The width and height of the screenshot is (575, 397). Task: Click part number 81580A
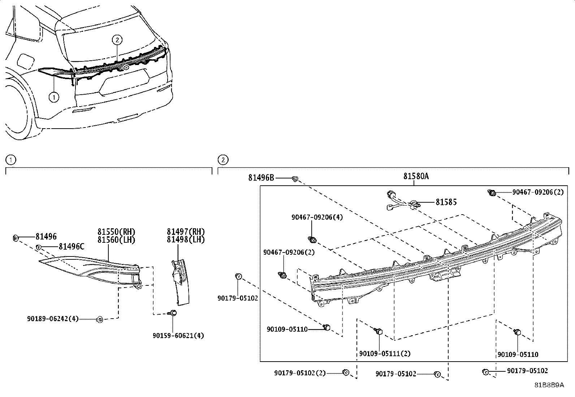click(416, 176)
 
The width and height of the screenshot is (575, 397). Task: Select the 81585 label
click(446, 202)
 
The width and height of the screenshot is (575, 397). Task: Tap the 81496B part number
click(261, 178)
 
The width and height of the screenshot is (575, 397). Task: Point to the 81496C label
click(71, 247)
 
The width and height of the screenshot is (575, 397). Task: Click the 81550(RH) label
click(116, 232)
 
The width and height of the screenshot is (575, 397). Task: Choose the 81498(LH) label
click(186, 240)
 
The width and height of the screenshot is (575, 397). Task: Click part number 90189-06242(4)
click(52, 319)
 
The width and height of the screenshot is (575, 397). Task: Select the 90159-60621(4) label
click(178, 336)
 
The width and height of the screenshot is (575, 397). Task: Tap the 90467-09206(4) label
click(317, 217)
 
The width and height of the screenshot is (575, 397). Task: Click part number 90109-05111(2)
click(385, 354)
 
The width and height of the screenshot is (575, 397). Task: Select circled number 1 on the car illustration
click(53, 97)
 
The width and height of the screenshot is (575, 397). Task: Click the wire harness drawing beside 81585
click(401, 200)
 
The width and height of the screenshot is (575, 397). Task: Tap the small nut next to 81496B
click(295, 178)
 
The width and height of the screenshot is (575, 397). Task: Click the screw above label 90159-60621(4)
click(173, 313)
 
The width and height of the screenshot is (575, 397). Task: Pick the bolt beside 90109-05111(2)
click(379, 331)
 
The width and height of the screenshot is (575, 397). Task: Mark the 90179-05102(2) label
click(300, 372)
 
